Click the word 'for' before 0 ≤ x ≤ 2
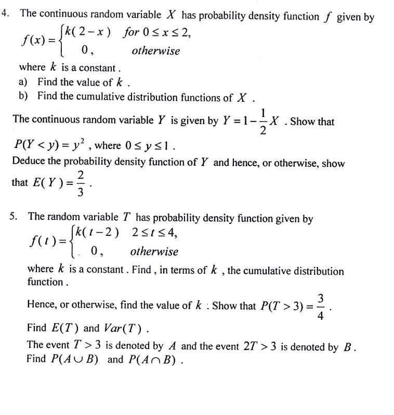(x=131, y=32)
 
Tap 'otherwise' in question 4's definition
(x=156, y=51)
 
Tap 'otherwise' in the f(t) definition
(x=154, y=252)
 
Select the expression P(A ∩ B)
(x=154, y=360)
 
